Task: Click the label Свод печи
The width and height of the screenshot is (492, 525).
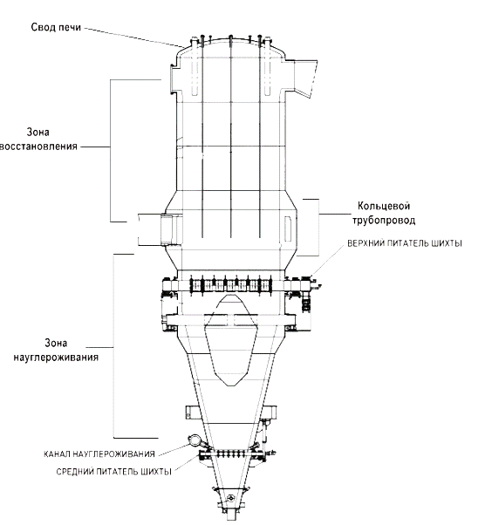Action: tap(56, 27)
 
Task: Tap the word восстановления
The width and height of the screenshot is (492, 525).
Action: tap(39, 147)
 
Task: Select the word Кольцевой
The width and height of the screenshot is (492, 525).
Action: tap(384, 206)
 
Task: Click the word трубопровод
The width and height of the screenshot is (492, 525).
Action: tap(384, 221)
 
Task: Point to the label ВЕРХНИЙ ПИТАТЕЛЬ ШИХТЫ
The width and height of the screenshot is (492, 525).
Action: tap(405, 243)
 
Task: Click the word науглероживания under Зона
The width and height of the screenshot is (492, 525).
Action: tap(56, 358)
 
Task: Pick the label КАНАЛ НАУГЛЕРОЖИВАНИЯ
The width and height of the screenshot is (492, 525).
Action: tap(99, 454)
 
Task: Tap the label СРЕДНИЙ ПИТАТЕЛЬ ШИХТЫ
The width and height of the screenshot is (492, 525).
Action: tap(114, 472)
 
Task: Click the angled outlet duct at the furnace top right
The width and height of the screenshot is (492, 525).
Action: tap(305, 78)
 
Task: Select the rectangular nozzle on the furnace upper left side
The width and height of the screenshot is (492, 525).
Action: tap(173, 79)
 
